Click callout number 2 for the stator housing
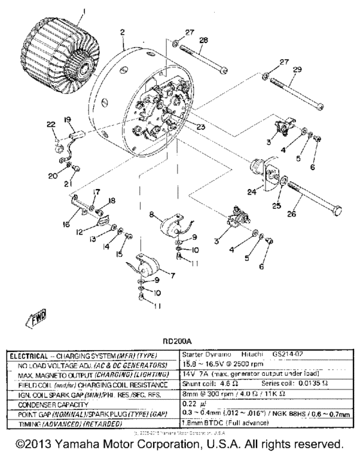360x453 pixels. pyautogui.click(x=122, y=31)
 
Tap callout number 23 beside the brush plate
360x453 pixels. pyautogui.click(x=201, y=127)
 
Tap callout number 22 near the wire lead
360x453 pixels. pyautogui.click(x=51, y=124)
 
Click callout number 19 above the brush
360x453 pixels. pyautogui.click(x=66, y=120)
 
